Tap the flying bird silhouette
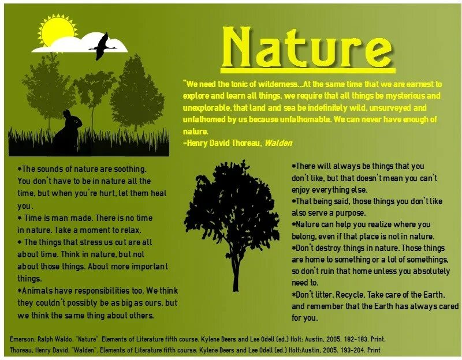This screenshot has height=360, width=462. (104, 46)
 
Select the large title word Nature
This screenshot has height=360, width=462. (307, 47)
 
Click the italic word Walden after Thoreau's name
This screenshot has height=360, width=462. (278, 143)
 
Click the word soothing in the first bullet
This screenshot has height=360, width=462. (129, 170)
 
